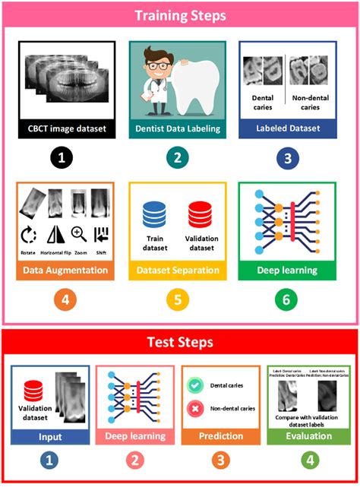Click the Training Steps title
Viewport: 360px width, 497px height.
click(179, 15)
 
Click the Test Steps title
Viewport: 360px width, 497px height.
click(179, 343)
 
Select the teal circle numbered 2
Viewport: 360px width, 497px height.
click(177, 158)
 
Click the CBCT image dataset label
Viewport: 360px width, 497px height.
click(67, 128)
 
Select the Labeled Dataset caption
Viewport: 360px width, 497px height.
click(287, 128)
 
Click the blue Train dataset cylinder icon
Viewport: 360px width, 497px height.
click(155, 214)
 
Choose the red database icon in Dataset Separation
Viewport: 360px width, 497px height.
click(201, 214)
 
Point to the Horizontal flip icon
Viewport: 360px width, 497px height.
click(55, 234)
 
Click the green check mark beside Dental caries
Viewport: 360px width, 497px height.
click(195, 385)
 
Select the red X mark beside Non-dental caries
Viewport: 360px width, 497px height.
click(195, 408)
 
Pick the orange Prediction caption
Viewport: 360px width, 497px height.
click(219, 437)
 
